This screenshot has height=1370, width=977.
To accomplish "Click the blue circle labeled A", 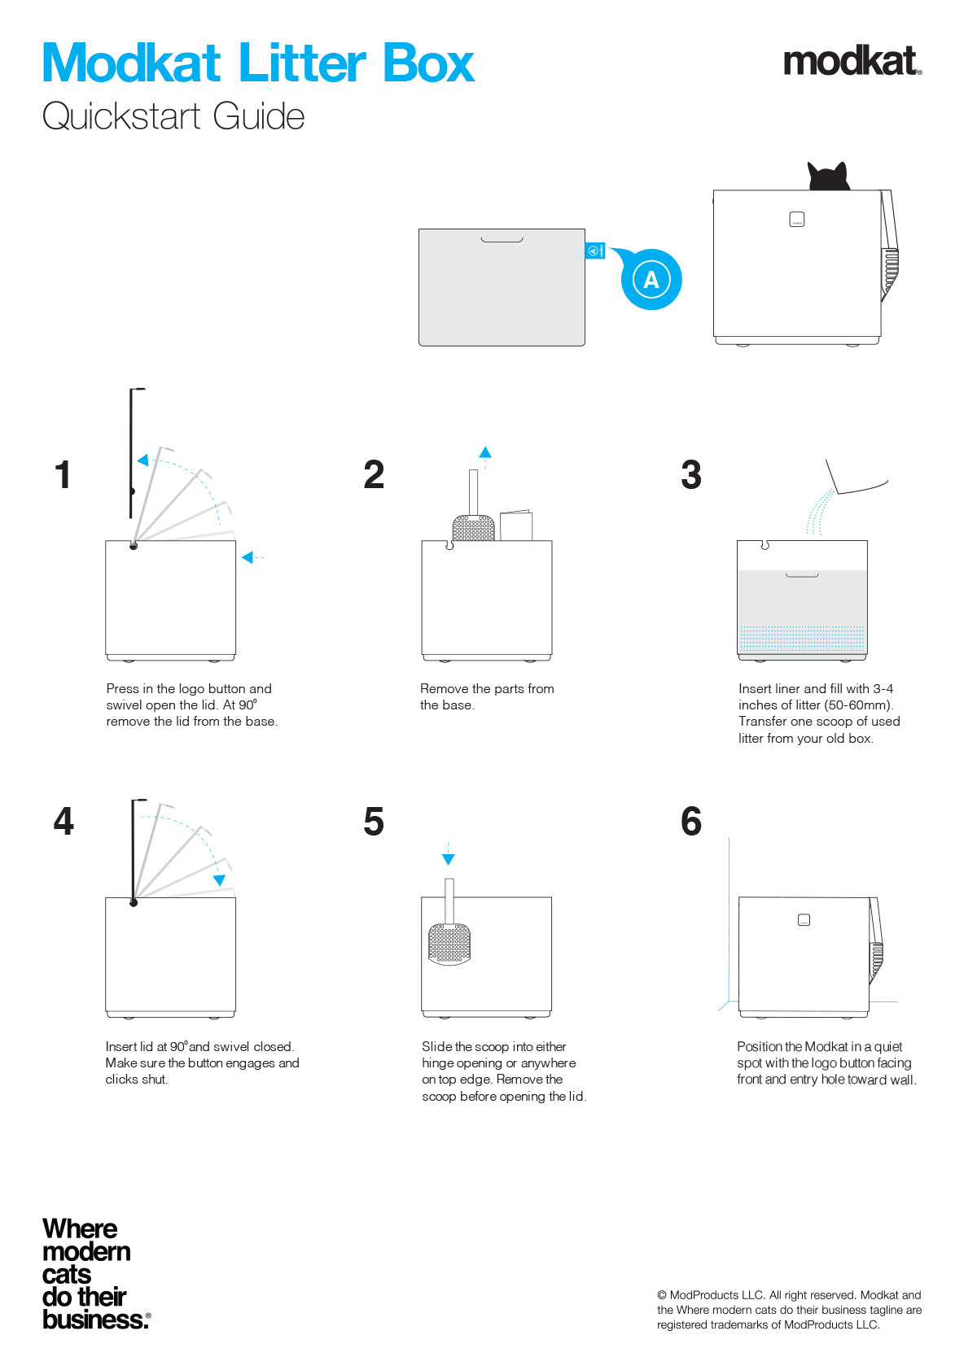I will coord(651,280).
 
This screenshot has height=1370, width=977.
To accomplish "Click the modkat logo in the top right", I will coord(852,62).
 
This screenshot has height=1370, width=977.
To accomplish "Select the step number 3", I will coord(691,475).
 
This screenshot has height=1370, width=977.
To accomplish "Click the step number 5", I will coord(374,822).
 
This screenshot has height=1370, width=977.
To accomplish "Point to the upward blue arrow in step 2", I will coord(485,452).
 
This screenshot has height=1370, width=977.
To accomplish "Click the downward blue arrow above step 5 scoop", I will coord(448,858).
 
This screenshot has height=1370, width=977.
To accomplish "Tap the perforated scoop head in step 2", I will coord(473,528).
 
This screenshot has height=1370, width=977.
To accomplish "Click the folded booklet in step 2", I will coord(516,526).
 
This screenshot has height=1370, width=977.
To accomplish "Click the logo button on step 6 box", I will coord(804,920).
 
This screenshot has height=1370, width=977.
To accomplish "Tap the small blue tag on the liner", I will coord(595,251).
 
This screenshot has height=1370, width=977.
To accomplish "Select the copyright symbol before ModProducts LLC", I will coord(662,1295).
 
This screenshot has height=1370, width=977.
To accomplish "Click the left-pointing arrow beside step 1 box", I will coord(248,557).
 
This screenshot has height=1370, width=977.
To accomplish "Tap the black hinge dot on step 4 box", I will coord(134,902).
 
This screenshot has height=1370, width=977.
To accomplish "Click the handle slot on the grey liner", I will coord(502,240).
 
